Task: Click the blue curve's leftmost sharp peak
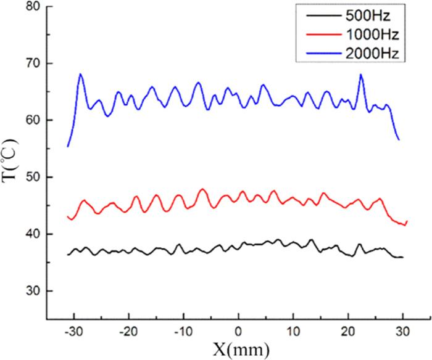(80, 74)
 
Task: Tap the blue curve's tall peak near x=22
(361, 75)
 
